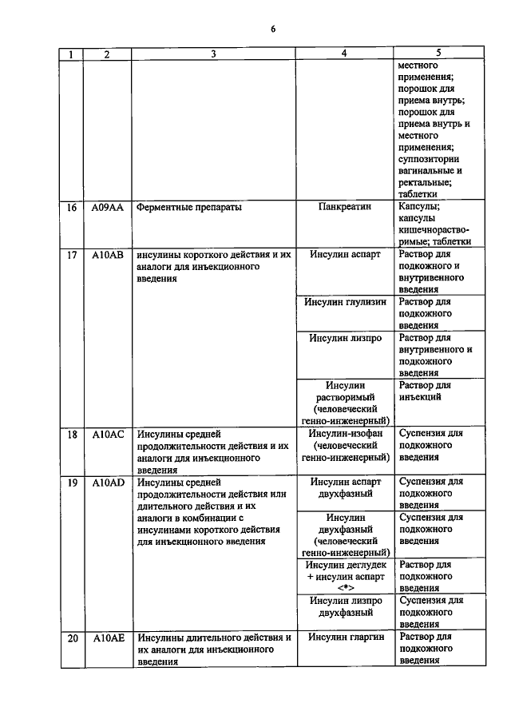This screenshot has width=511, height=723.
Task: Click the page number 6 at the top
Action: pos(272,30)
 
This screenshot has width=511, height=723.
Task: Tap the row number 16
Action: pos(72,207)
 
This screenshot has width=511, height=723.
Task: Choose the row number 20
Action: pos(72,638)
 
